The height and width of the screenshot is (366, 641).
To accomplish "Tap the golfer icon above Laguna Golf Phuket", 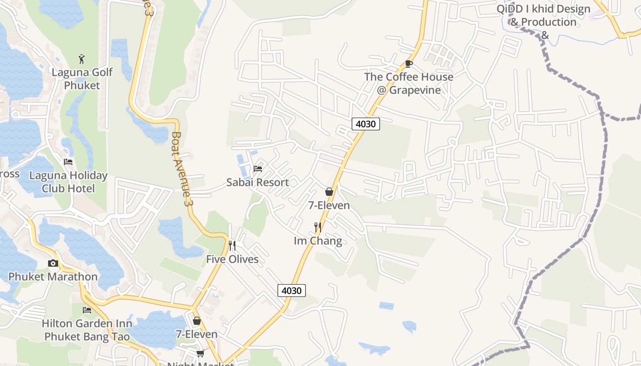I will pos(82,59).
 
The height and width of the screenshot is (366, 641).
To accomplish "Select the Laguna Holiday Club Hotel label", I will pos(68,182).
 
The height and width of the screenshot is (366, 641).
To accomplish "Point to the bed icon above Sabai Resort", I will pos(258,168).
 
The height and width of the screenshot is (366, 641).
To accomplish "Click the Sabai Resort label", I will pos(257,182).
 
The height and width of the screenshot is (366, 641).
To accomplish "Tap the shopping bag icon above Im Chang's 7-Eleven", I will pos(329,192).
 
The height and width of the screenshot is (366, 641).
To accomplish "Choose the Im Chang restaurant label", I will pos(318,241).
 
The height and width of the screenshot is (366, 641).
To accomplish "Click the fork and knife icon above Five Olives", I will pos(232,246).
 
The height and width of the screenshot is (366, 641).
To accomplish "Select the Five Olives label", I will pos(232,259).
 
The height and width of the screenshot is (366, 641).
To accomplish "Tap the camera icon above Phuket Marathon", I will pos(53,263).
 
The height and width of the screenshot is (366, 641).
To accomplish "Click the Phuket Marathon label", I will pos(53,276).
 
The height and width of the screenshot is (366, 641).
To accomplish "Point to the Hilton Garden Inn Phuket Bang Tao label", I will pos(87,330).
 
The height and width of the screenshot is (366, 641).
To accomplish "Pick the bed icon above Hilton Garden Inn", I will pos(87,310).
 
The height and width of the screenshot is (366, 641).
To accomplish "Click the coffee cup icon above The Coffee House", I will pos(409,64).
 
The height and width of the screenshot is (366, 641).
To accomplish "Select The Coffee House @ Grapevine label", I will pos(409,83).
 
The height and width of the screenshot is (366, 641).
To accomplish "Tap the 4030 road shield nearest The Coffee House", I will pos(366,124).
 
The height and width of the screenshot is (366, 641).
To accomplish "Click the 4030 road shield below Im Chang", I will pos(292,291).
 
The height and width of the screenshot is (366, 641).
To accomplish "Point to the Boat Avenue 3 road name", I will pos(181,168).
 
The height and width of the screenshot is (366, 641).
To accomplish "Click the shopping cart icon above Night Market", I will pos(200,353).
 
